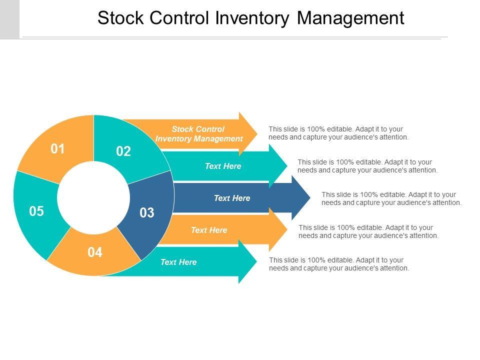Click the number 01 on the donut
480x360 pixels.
tap(58, 149)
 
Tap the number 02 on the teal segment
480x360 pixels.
tap(123, 151)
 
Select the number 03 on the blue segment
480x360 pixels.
tap(147, 213)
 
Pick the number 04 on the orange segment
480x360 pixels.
tap(95, 252)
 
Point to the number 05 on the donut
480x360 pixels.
tap(36, 211)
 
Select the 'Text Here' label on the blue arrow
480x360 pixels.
tap(232, 198)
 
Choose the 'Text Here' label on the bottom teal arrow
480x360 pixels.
tap(178, 262)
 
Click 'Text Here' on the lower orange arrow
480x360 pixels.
tap(209, 230)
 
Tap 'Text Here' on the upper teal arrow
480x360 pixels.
tap(223, 166)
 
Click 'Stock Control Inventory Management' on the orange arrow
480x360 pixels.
tap(199, 134)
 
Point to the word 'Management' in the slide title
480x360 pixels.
tap(350, 18)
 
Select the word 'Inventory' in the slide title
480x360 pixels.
tap(252, 18)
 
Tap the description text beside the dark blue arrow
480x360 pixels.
tap(391, 198)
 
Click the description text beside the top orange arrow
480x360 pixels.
tap(338, 133)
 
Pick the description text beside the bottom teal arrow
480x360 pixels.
tap(339, 264)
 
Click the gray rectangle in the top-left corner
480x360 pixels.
tap(9, 19)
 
